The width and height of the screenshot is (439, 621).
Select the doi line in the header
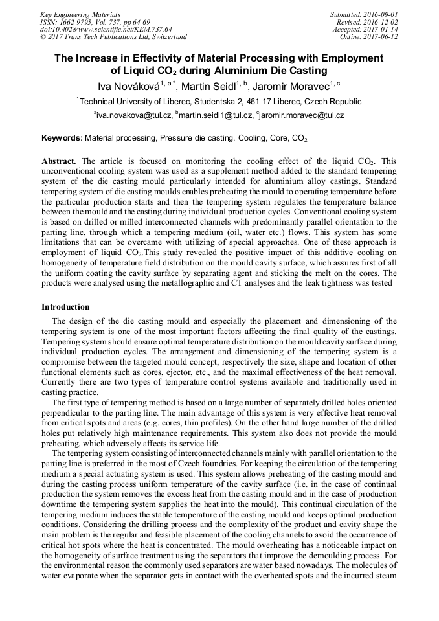[106, 29]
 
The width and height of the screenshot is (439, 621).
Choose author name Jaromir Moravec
[292, 85]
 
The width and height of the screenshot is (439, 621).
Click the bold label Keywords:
[62, 138]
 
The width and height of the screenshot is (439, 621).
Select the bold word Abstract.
[59, 160]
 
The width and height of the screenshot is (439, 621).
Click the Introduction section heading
[65, 306]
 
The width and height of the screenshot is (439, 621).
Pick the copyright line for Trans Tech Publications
[113, 37]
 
